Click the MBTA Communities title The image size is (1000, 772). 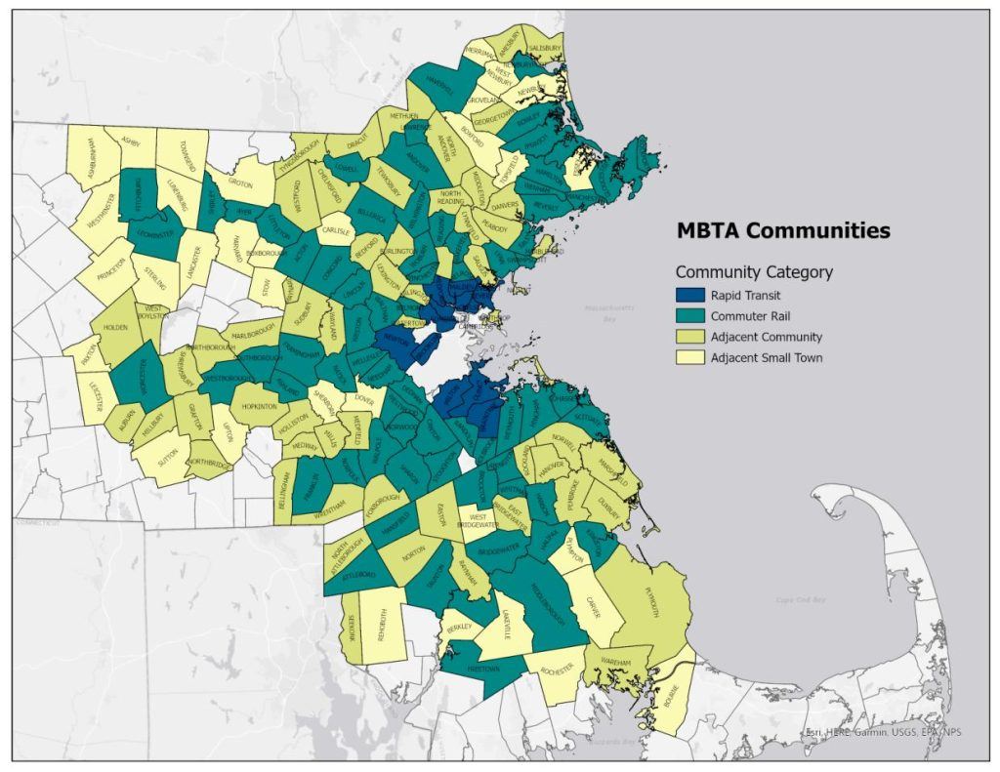[x=783, y=231]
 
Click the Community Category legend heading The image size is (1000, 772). [x=754, y=272]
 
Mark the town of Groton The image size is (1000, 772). [x=240, y=183]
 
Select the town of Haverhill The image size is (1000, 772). [x=438, y=90]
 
